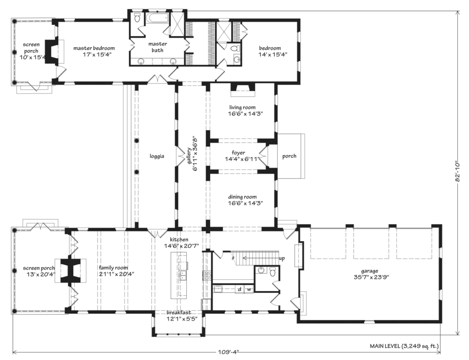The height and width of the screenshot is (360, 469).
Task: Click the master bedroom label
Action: [x=94, y=48]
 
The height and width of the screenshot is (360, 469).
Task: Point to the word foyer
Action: [x=238, y=153]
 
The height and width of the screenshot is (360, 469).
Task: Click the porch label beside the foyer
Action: [x=289, y=156]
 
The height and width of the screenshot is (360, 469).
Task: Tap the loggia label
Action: [x=157, y=156]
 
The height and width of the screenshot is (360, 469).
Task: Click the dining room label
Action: [x=242, y=197]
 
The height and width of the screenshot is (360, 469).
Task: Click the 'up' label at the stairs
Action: [x=282, y=259]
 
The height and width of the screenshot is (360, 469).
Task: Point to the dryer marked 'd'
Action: [x=239, y=289]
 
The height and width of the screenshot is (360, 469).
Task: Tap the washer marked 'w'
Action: [x=249, y=290]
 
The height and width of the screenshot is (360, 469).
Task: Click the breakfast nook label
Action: [x=179, y=313]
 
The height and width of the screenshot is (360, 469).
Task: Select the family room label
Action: [x=113, y=268]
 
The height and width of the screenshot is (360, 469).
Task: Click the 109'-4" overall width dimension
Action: [x=227, y=352]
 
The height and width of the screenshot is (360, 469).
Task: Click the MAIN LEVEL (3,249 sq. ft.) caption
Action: [x=404, y=346]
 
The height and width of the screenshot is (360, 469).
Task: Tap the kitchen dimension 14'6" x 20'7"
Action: [x=181, y=245]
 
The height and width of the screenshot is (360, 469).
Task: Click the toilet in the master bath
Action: [x=137, y=18]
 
